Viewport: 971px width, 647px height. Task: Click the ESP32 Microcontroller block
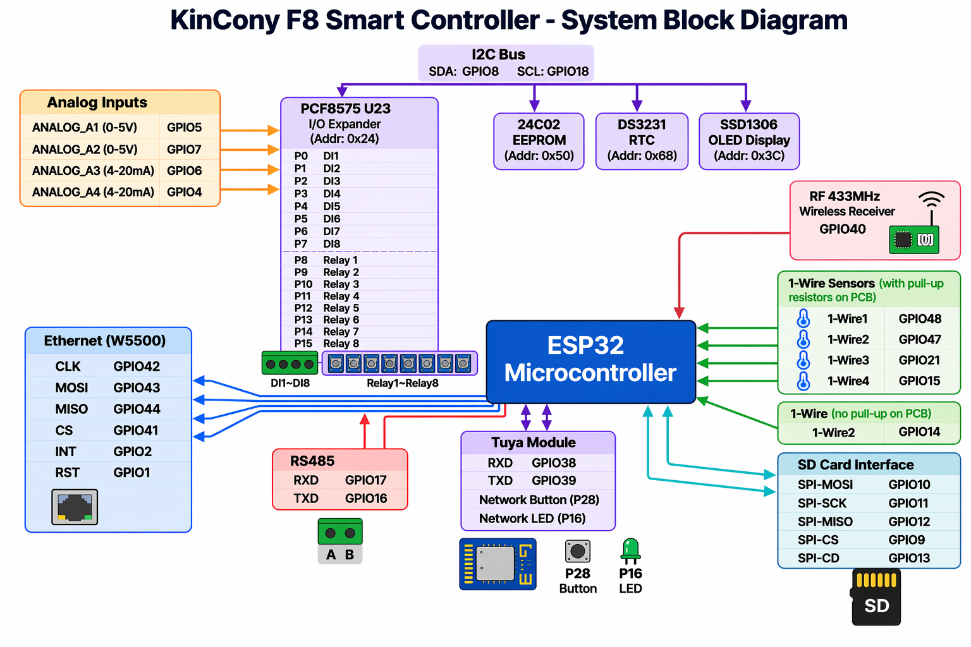[590, 361]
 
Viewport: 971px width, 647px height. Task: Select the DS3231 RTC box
[642, 141]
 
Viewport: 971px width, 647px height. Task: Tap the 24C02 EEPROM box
[539, 141]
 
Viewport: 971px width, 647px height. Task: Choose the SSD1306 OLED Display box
[749, 141]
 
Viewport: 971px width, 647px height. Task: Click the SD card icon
[876, 598]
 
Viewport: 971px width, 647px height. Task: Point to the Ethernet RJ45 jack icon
[75, 507]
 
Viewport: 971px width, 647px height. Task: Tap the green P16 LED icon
[630, 550]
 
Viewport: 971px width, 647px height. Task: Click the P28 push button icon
[577, 551]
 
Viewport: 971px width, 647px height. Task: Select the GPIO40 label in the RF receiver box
[842, 229]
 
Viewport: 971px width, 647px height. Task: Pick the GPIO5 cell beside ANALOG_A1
[184, 128]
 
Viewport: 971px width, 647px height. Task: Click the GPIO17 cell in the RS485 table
[365, 480]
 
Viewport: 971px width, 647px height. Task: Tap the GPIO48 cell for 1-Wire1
[920, 319]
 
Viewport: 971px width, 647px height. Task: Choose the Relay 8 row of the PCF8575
[341, 344]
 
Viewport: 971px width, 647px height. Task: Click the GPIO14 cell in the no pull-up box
[919, 432]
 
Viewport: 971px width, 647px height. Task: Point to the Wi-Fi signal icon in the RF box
[931, 201]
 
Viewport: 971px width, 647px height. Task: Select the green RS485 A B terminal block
[340, 532]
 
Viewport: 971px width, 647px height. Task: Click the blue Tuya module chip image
[498, 564]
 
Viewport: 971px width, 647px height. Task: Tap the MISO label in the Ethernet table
[71, 409]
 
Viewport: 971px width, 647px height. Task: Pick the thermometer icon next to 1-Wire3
[803, 360]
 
